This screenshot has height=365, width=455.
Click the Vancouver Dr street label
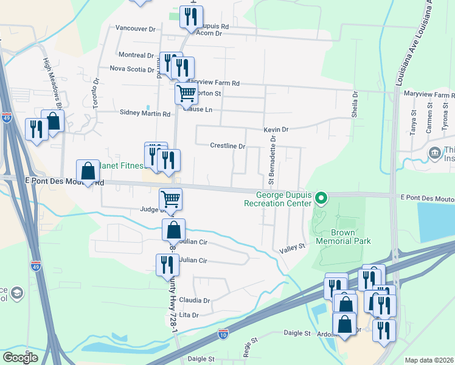click(x=135, y=29)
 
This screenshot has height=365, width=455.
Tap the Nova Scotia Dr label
click(x=132, y=69)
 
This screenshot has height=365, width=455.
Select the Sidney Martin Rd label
click(x=145, y=113)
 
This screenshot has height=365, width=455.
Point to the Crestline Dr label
click(x=227, y=146)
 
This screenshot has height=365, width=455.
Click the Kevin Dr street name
click(x=276, y=130)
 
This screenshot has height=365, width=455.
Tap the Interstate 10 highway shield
click(x=223, y=334)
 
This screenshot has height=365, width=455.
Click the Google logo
click(x=20, y=358)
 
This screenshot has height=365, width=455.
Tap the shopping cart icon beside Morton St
click(x=186, y=94)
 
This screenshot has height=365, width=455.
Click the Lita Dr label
click(x=190, y=315)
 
